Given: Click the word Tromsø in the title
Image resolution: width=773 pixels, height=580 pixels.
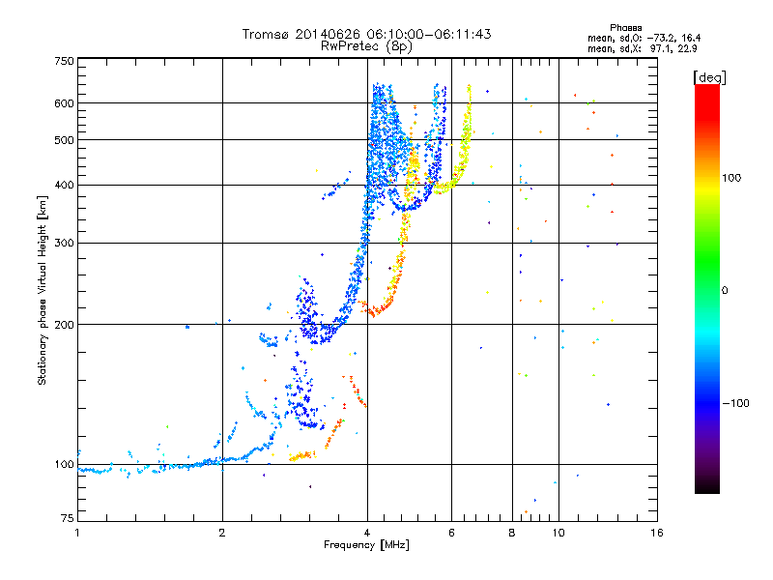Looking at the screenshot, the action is (267, 34).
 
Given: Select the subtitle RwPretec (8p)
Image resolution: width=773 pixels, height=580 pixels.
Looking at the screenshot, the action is (366, 46).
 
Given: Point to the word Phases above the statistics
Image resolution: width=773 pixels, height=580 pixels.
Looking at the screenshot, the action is (625, 28).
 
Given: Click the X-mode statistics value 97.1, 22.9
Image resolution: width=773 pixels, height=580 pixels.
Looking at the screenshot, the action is (673, 48).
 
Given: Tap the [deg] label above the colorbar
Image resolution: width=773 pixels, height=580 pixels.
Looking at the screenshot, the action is (709, 77).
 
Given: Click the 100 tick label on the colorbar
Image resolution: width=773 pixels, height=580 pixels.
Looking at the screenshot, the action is (731, 178).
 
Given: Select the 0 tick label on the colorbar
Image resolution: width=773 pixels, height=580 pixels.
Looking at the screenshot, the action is (725, 291).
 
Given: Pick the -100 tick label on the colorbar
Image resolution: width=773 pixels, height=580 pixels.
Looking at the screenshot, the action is (735, 403).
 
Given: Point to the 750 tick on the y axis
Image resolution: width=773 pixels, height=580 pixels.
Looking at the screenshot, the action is (64, 61).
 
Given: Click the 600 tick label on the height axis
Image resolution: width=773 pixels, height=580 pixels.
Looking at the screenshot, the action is (64, 103).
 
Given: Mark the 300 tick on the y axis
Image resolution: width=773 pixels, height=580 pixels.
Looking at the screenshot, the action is (64, 244).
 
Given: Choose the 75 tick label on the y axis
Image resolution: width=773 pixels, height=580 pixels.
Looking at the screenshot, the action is (67, 518).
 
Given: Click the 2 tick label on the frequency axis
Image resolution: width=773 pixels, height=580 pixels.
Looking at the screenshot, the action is (222, 533).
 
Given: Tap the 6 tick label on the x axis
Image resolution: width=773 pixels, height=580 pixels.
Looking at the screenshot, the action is (451, 533).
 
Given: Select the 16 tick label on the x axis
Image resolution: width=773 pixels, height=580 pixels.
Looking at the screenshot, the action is (657, 533).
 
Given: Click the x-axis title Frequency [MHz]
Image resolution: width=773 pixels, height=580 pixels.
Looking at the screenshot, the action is (366, 545).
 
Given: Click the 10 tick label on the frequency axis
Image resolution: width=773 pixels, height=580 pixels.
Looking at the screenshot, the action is (558, 533).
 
